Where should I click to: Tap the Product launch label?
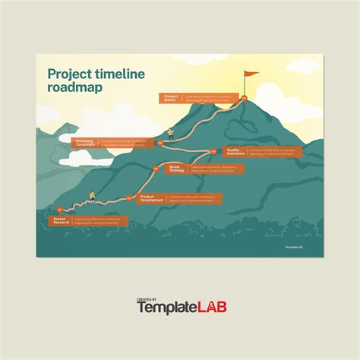point(170,97)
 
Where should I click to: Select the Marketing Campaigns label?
point(84,142)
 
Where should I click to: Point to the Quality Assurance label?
point(235,152)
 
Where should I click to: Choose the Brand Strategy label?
point(176,169)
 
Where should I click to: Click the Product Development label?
point(152,197)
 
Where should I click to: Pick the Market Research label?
point(61,221)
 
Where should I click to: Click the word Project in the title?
point(68,74)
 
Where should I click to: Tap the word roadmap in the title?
point(76,88)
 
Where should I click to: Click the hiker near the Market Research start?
point(92,196)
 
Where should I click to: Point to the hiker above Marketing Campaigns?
point(171,135)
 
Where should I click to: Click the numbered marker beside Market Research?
point(60,209)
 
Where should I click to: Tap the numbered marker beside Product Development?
point(129,197)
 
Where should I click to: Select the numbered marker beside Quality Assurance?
point(214,151)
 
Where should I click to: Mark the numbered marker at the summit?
point(244,98)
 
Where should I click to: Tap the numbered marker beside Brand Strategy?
point(156,169)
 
